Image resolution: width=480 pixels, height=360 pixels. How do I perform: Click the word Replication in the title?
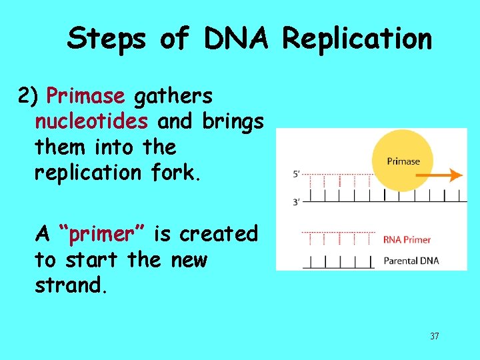357,39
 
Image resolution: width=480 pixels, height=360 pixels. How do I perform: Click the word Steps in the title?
107,39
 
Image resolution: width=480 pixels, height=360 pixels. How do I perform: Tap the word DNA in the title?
235,39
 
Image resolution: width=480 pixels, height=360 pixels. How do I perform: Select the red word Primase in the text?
85,97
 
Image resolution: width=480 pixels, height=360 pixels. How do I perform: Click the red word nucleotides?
92,122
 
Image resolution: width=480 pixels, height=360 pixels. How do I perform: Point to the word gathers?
173,97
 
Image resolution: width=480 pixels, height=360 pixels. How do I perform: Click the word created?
218,234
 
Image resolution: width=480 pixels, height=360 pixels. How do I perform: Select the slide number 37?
434,336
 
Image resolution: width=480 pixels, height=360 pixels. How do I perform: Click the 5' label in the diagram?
297,174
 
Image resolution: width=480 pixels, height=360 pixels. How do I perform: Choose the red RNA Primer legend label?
407,240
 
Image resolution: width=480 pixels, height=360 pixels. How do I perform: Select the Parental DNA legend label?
411,261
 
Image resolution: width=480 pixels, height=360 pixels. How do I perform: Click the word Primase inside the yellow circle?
403,161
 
